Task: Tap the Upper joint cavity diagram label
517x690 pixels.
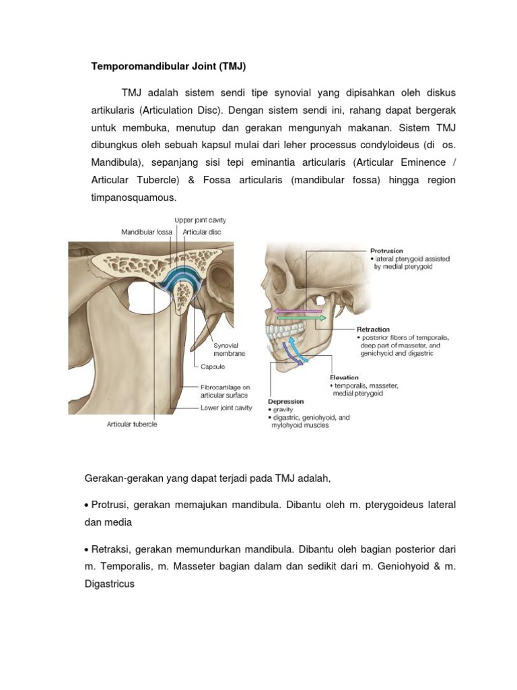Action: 200,220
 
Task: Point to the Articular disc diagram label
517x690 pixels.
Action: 202,232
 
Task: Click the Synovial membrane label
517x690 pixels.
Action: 229,349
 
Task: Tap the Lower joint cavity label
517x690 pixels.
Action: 226,408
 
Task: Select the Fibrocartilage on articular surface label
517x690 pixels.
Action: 226,391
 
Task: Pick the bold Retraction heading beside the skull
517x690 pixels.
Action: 373,330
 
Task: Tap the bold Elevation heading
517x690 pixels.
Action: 344,377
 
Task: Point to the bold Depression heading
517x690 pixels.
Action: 286,401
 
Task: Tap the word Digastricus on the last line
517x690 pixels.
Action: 110,584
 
